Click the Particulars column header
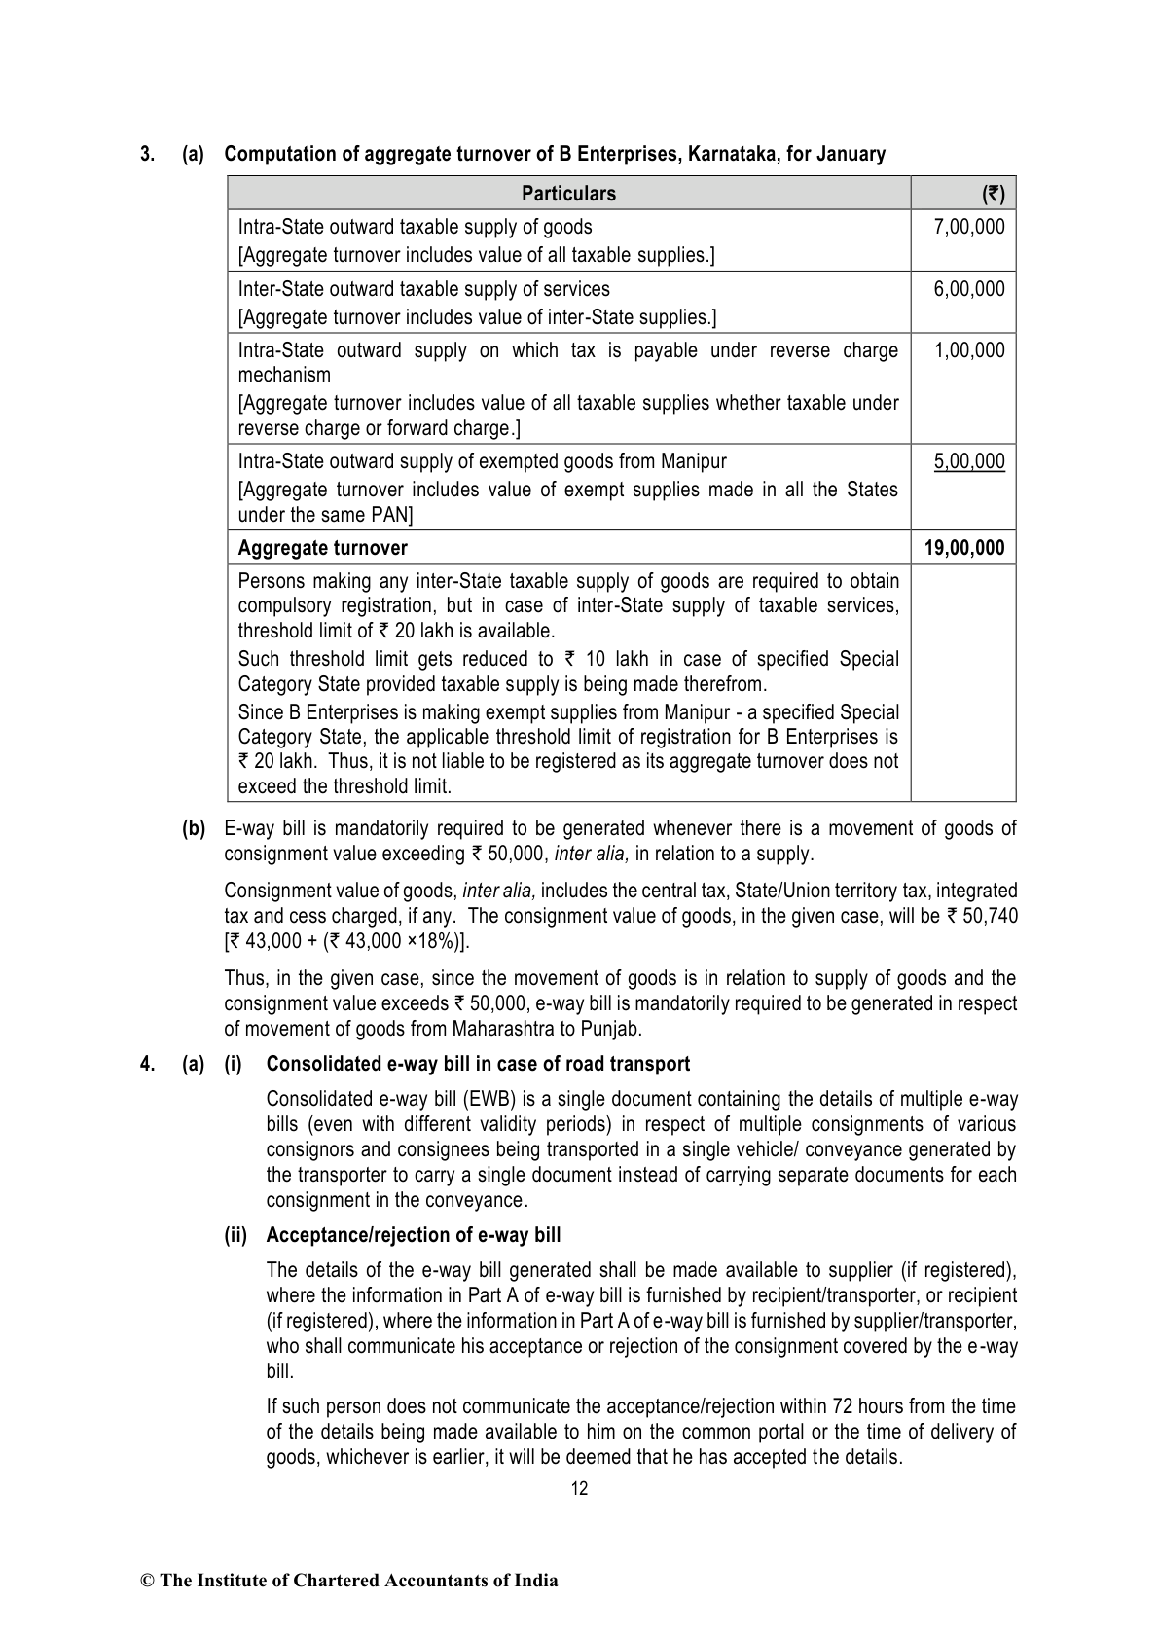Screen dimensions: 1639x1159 pos(568,194)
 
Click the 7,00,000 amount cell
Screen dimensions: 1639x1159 pos(968,228)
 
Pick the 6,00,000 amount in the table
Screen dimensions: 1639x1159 pos(968,289)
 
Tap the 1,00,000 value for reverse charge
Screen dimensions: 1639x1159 pos(968,350)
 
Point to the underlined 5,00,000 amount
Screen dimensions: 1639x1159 pos(968,461)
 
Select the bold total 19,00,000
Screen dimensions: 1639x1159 pos(963,548)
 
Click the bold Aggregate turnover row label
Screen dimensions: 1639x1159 pos(322,548)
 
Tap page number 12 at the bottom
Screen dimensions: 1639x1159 pos(579,1488)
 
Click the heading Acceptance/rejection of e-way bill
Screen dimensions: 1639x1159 pos(413,1235)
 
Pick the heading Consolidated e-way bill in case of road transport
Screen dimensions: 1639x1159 pos(478,1064)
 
